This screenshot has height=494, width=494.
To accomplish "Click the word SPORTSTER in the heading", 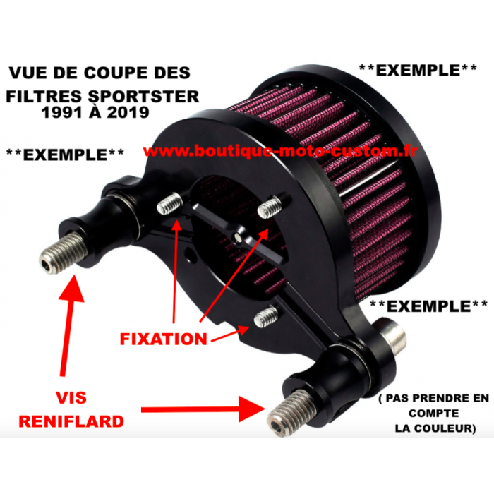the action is click(x=144, y=97).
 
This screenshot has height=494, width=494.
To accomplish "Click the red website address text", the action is click(x=280, y=151).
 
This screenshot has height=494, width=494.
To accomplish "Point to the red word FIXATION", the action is click(x=164, y=339).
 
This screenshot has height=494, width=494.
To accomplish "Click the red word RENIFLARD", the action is click(x=71, y=421).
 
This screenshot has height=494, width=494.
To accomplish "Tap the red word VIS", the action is click(x=71, y=397).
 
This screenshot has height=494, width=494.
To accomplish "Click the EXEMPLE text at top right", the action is click(x=418, y=71).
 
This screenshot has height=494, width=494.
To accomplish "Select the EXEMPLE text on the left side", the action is click(x=65, y=155).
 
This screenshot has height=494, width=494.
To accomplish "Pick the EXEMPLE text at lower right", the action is click(x=428, y=306).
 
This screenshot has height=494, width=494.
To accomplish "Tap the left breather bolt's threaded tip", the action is click(x=62, y=253).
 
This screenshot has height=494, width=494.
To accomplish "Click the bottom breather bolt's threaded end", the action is click(x=291, y=414).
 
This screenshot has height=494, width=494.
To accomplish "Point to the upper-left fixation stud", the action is click(x=169, y=204).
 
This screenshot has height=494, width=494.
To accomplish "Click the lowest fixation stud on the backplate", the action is click(x=266, y=317).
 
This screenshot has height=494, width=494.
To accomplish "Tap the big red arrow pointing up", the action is click(x=70, y=325).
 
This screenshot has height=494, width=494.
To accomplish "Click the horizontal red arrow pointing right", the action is click(x=203, y=409).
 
